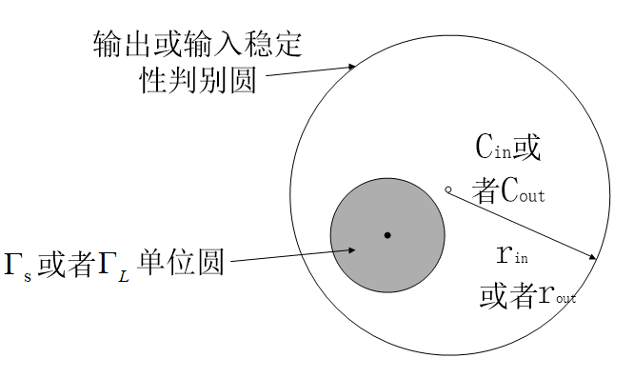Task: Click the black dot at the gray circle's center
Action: tap(387, 235)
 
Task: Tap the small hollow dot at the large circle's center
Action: tap(448, 189)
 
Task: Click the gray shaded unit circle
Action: tap(387, 235)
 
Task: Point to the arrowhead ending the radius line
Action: tap(592, 257)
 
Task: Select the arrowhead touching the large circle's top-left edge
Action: tap(352, 67)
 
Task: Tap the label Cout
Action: tap(523, 190)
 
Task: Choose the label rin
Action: tap(512, 254)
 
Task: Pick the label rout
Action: tap(557, 295)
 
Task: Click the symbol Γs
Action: tap(18, 266)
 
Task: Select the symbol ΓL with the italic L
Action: tap(114, 267)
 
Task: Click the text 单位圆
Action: tap(180, 262)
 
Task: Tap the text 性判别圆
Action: tap(198, 79)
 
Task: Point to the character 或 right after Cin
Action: tap(526, 147)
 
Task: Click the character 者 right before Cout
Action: tap(486, 190)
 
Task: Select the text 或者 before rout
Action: tap(509, 295)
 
